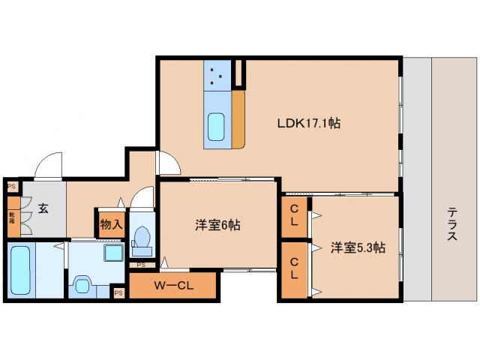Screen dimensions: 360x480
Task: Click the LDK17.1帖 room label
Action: coord(308,122)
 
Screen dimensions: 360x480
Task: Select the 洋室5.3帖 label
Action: coord(358,247)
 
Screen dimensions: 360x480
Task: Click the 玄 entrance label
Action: coord(43,208)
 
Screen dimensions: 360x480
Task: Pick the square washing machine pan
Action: coord(113,253)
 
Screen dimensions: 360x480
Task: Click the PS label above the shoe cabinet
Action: coord(11,187)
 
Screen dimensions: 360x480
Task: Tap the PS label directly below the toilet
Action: coord(141,264)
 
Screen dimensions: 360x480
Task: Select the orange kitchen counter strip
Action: coord(239,118)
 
